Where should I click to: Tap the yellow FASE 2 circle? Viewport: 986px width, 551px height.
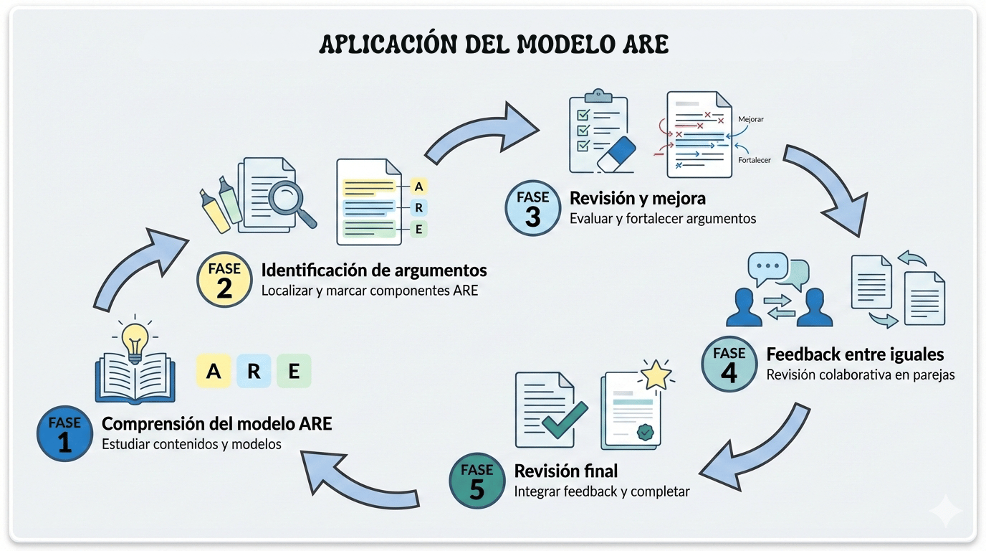coord(225,280)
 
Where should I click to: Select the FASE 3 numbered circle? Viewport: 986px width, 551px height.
coord(532,207)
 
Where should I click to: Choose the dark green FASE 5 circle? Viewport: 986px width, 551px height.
coord(477,481)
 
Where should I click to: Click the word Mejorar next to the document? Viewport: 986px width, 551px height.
coord(750,119)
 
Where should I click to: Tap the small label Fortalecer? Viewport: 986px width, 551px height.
coord(753,160)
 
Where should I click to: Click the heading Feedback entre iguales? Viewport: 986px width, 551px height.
coord(855,354)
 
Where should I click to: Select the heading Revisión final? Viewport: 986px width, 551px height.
coord(566,471)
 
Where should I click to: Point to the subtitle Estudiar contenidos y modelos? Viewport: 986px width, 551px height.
coord(191,444)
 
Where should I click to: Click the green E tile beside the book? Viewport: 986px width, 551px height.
coord(294,372)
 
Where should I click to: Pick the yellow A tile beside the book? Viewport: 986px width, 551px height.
coord(214,372)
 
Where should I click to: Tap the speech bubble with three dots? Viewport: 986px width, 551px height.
coord(768,265)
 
